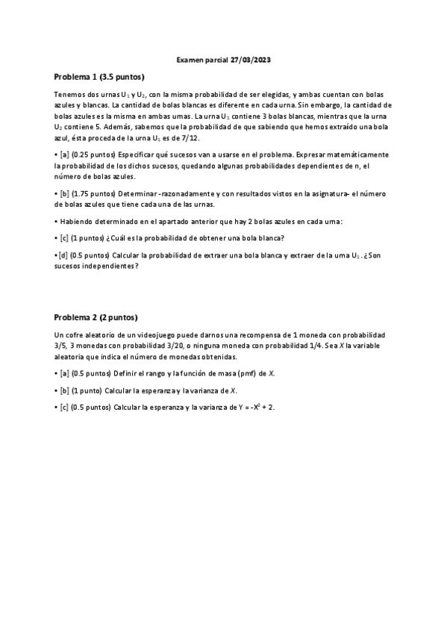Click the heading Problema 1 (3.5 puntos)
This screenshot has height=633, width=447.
pyautogui.click(x=99, y=77)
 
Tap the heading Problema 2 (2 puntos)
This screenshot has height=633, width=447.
pyautogui.click(x=96, y=316)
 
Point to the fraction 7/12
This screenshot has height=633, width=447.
pyautogui.click(x=192, y=139)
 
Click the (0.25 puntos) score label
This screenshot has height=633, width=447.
pyautogui.click(x=96, y=154)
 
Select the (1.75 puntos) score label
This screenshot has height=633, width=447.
pyautogui.click(x=96, y=193)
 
